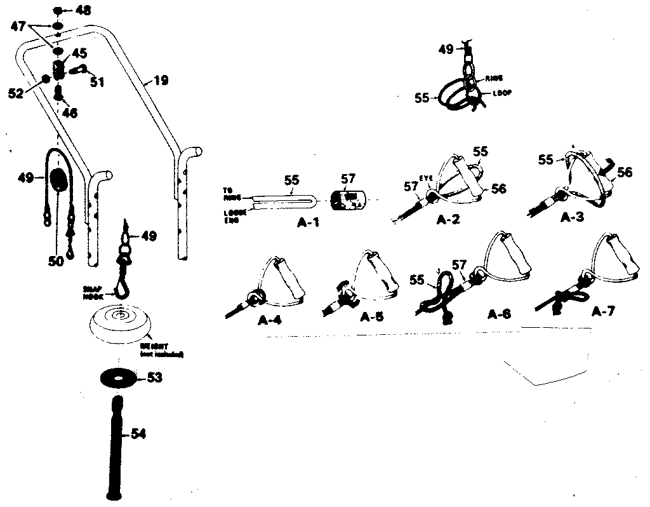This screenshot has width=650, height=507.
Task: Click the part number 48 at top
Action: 83,10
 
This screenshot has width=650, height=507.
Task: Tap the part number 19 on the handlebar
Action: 161,81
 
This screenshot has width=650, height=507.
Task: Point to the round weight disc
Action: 121,324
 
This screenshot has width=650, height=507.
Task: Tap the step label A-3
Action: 573,216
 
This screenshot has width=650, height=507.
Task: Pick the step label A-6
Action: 499,313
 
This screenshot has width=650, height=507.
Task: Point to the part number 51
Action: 97,81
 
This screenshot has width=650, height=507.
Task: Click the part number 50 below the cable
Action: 57,260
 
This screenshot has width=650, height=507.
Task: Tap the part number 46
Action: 69,113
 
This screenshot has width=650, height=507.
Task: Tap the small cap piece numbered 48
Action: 58,11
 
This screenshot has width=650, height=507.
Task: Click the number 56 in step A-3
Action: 625,172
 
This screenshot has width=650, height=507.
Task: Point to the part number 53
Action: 155,377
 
